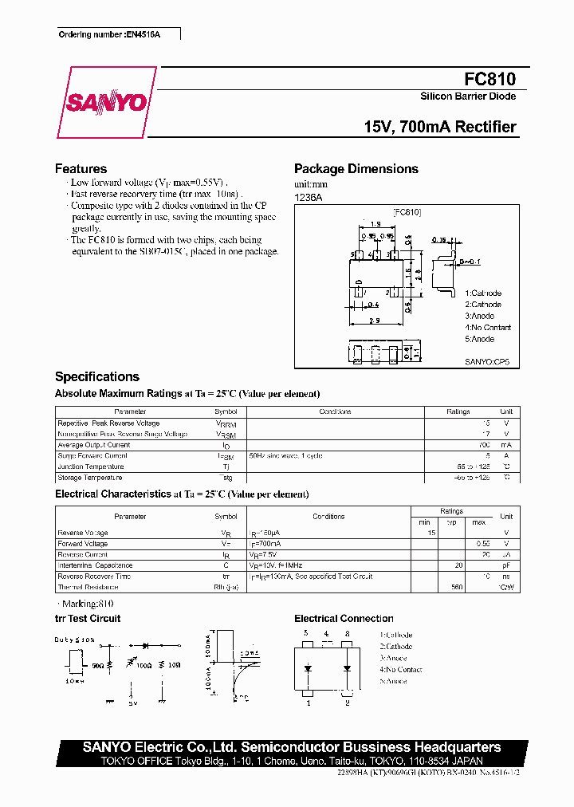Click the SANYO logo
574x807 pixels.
(x=106, y=103)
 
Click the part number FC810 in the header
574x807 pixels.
(x=489, y=79)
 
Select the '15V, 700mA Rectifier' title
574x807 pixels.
(x=439, y=127)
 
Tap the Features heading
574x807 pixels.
(x=81, y=169)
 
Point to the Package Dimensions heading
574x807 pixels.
(x=356, y=169)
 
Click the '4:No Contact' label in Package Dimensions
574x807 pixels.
(x=488, y=328)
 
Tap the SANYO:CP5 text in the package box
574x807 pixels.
(x=486, y=361)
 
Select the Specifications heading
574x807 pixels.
(x=96, y=377)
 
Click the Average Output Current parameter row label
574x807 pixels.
(x=93, y=445)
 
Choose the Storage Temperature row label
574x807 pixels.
(x=89, y=478)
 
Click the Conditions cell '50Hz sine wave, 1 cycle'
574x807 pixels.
(x=285, y=456)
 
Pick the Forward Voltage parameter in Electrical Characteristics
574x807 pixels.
(x=82, y=544)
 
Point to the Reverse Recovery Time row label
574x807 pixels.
(x=94, y=576)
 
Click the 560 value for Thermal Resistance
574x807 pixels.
(x=457, y=588)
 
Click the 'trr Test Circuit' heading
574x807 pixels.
(x=88, y=619)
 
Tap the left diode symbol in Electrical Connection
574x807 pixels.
(x=308, y=668)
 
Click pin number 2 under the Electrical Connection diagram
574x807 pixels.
(x=348, y=703)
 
